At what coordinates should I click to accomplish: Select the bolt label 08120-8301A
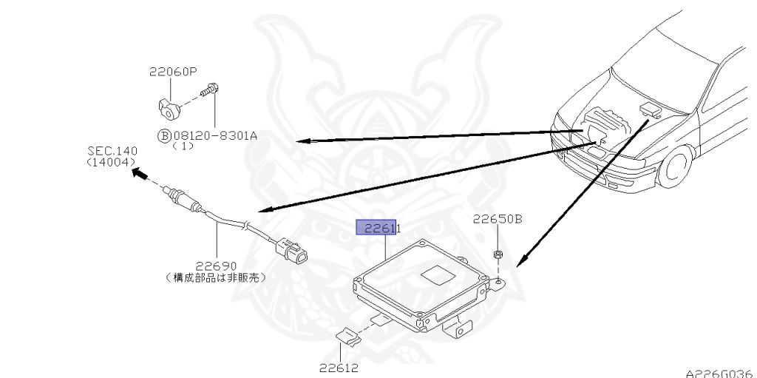tap(215, 135)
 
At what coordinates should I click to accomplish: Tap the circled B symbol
tap(163, 135)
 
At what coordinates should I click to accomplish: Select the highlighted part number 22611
tap(378, 228)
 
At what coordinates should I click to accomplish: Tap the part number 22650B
tap(498, 219)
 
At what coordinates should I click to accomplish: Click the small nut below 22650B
tap(498, 255)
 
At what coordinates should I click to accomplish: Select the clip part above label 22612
tap(347, 337)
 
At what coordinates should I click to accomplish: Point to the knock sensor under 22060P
tap(169, 108)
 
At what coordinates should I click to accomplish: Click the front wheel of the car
tap(677, 169)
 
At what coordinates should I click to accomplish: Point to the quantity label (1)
tap(183, 146)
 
